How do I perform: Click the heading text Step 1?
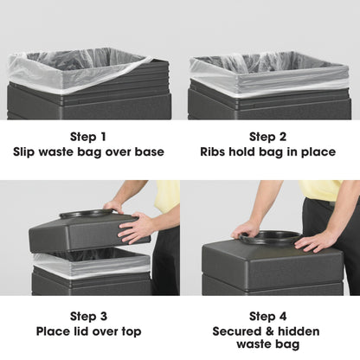pyautogui.click(x=88, y=137)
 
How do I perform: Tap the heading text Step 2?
pyautogui.click(x=267, y=137)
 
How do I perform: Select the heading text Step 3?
pyautogui.click(x=88, y=316)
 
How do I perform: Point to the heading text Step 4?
pyautogui.click(x=268, y=316)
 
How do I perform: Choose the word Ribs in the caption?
pyautogui.click(x=213, y=151)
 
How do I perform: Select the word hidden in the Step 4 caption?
pyautogui.click(x=299, y=331)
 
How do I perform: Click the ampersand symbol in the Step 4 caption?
pyautogui.click(x=270, y=331)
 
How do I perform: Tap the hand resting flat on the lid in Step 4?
pyautogui.click(x=317, y=241)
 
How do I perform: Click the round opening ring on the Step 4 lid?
pyautogui.click(x=270, y=238)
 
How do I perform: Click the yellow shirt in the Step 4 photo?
pyautogui.click(x=321, y=190)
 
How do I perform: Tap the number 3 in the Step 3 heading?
pyautogui.click(x=103, y=317)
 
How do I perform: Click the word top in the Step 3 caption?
pyautogui.click(x=132, y=331)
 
